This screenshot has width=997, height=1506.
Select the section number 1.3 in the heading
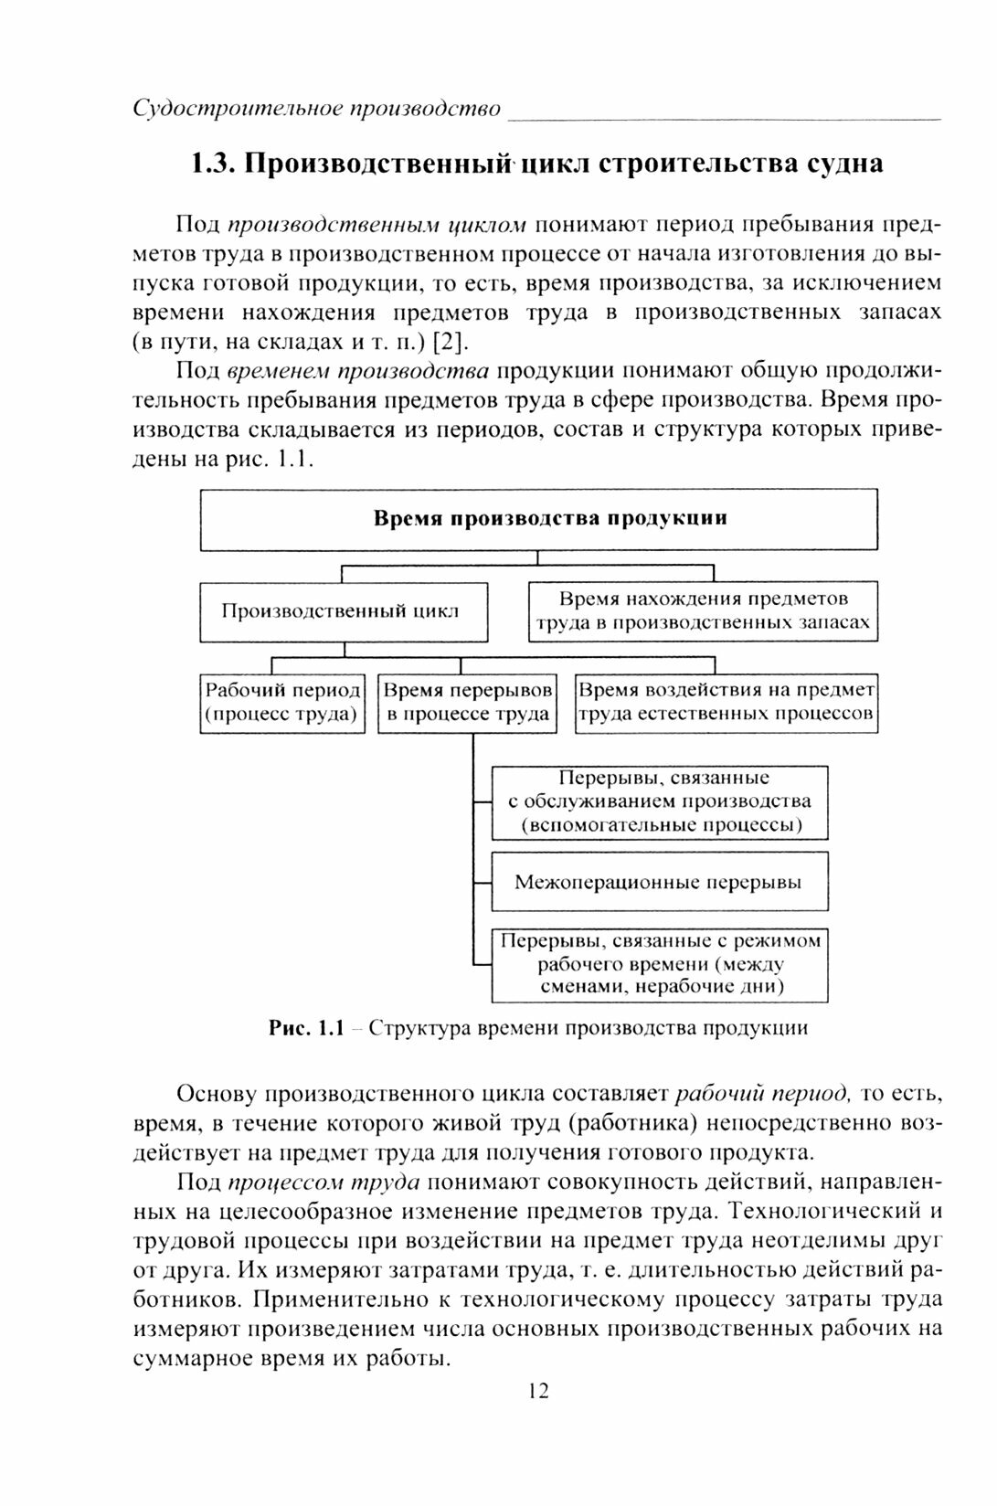[214, 164]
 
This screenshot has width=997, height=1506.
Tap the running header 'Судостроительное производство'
[316, 109]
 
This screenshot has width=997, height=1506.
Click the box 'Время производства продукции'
[538, 519]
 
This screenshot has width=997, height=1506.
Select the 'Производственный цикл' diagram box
[344, 612]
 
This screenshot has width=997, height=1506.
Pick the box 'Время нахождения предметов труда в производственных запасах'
[703, 611]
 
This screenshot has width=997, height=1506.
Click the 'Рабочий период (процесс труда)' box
[282, 703]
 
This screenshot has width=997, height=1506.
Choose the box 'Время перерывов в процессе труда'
[467, 703]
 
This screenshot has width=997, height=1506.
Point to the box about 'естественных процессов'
[727, 703]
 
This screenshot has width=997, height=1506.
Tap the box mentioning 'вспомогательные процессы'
[660, 802]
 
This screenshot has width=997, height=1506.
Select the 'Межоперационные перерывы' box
[660, 882]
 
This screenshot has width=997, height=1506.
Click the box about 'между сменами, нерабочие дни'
[660, 964]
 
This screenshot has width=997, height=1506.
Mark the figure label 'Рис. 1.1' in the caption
[306, 1028]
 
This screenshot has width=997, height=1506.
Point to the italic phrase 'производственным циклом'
[377, 225]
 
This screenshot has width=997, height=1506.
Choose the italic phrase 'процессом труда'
[323, 1182]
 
